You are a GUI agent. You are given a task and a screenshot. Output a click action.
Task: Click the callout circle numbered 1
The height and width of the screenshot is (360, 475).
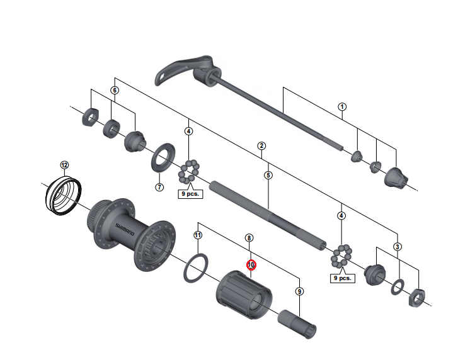[x=342, y=106]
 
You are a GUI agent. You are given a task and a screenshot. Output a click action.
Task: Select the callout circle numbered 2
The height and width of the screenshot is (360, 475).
[x=261, y=146]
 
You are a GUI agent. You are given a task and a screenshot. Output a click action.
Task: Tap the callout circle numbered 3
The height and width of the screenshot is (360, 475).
[x=398, y=246]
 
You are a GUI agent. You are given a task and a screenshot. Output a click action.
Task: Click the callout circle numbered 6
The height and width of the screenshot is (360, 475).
[x=115, y=90]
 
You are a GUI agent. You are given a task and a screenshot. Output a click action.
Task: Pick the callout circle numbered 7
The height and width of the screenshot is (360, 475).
[x=159, y=187]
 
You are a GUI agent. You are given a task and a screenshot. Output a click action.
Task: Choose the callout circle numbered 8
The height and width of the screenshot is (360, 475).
[x=249, y=239]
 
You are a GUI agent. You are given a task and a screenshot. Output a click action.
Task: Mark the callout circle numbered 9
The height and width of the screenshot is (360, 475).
[x=299, y=291]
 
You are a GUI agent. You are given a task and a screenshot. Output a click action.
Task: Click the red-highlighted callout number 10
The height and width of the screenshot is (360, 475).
[x=251, y=265]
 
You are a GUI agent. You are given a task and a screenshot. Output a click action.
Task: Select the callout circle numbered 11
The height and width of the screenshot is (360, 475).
[x=197, y=235]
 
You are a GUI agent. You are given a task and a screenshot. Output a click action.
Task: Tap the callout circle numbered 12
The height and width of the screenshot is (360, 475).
[x=64, y=165]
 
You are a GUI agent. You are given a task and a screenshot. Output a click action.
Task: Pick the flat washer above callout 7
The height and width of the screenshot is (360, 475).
[x=163, y=157]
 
